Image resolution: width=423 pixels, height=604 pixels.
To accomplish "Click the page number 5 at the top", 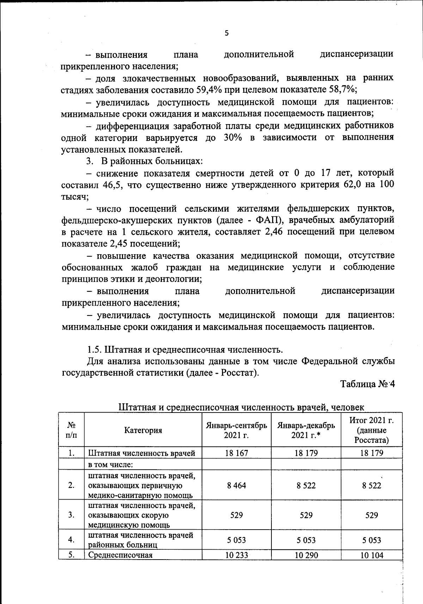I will pyautogui.click(x=226, y=33).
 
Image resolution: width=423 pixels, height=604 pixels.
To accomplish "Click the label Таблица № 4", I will pyautogui.click(x=367, y=384).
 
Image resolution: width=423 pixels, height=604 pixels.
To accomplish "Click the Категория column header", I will pyautogui.click(x=143, y=430).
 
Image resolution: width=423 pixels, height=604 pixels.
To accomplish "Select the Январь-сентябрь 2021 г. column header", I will pyautogui.click(x=236, y=430).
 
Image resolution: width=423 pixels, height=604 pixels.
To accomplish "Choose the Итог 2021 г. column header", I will pyautogui.click(x=371, y=430).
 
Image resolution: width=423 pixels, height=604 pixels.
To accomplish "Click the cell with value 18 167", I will pyautogui.click(x=236, y=453).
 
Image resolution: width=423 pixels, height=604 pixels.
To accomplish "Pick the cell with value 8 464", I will pyautogui.click(x=236, y=486).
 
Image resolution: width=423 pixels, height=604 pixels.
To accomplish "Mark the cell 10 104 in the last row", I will pyautogui.click(x=371, y=555).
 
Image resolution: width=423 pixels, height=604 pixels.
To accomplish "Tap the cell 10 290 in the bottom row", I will pyautogui.click(x=306, y=555).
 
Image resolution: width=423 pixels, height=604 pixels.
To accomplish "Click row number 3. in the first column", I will pyautogui.click(x=71, y=515).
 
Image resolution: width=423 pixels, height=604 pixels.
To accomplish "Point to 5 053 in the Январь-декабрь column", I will pyautogui.click(x=306, y=540).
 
